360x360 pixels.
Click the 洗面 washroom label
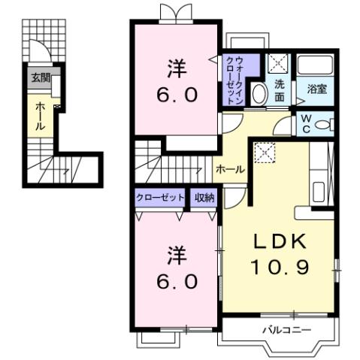279,90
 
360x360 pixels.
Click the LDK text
278,242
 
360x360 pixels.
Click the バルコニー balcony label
282,330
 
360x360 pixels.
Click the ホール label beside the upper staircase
230,169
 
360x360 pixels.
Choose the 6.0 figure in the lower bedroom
177,281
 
